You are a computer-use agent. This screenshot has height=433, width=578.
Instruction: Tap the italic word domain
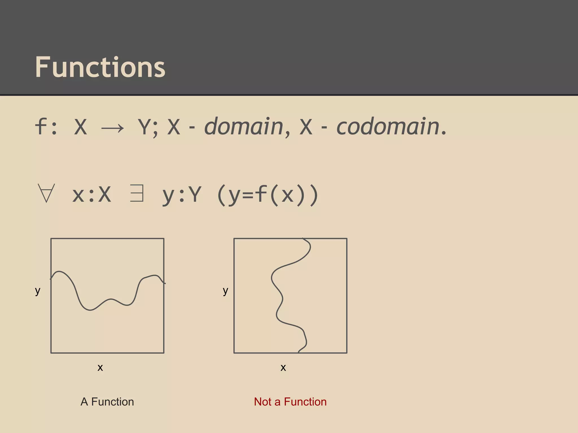pos(244,127)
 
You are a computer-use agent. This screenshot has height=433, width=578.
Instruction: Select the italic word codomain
pos(388,127)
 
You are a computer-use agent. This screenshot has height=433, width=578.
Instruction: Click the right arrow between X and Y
pos(112,129)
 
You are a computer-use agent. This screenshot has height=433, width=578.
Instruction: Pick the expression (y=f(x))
pos(268,195)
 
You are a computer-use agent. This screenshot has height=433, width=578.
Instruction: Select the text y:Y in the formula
pos(182,195)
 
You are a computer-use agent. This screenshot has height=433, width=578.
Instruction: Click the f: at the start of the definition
pos(46,127)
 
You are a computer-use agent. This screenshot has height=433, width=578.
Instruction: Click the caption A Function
pos(107,402)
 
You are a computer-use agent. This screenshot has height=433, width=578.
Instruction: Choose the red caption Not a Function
pos(290,402)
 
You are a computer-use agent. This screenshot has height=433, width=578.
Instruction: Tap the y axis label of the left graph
pos(38,290)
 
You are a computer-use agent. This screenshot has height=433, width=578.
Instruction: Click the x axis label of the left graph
pos(100,367)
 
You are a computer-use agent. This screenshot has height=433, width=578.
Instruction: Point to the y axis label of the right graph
pos(225,290)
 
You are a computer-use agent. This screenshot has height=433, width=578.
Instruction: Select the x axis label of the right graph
pos(283,367)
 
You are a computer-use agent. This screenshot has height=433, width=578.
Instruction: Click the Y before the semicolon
pos(144,127)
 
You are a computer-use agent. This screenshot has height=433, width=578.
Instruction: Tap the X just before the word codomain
pos(306,127)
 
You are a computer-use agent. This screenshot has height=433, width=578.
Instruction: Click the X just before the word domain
pos(174,127)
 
